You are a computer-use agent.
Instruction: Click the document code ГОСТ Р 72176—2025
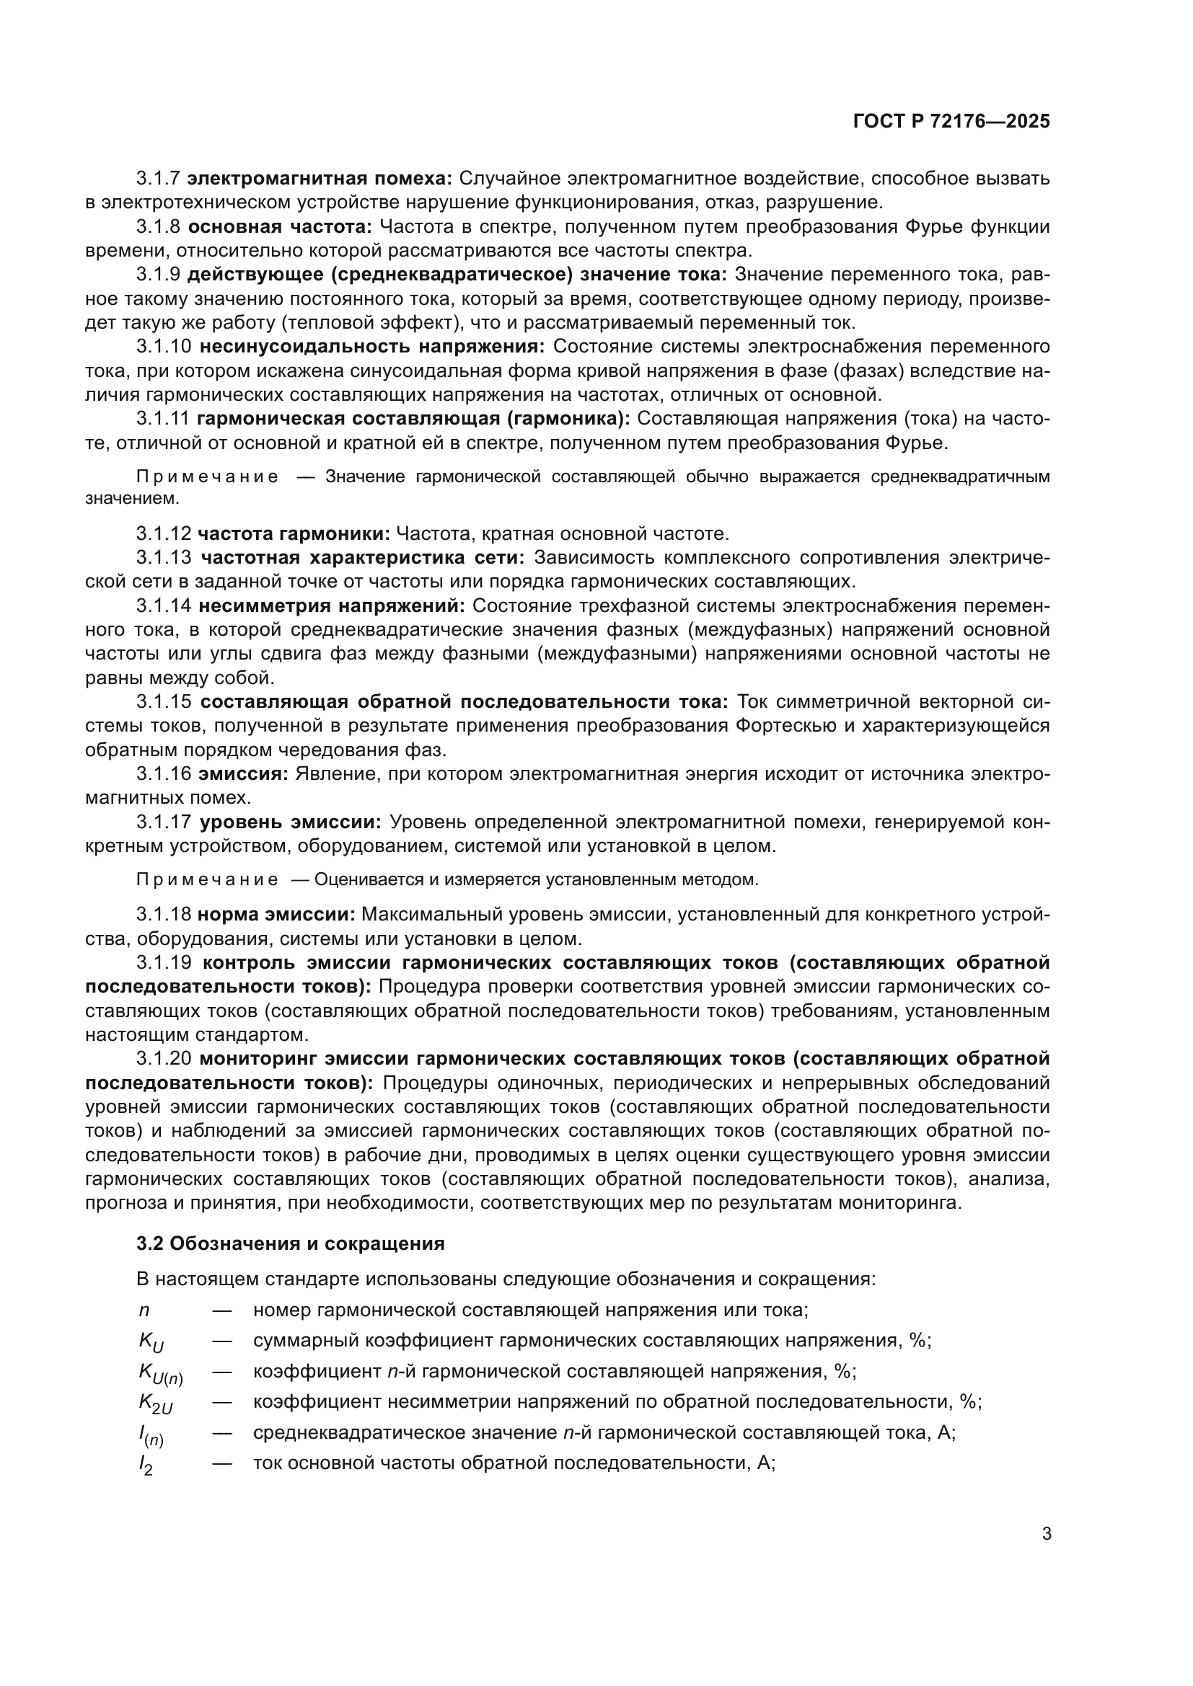(951, 122)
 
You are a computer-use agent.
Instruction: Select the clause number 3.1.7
(158, 179)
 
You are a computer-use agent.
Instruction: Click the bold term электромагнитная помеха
(320, 179)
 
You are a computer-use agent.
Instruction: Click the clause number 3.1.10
(164, 347)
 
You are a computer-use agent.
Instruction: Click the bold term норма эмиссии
(276, 915)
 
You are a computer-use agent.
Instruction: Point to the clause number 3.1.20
(164, 1059)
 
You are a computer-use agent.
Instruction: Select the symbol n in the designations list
(144, 1310)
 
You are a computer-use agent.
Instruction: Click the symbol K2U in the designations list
(156, 1403)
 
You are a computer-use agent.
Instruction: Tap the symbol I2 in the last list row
(146, 1465)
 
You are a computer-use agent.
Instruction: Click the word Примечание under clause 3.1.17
(208, 879)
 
